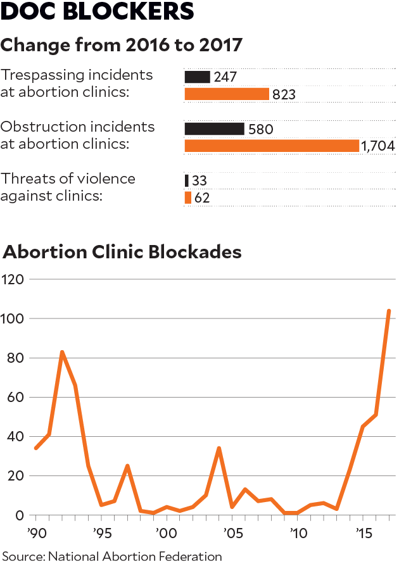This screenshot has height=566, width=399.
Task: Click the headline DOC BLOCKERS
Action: tap(97, 13)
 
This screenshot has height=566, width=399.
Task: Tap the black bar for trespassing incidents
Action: tap(197, 77)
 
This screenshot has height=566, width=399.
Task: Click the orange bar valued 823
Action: tap(227, 94)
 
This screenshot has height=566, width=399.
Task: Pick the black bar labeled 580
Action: tap(214, 129)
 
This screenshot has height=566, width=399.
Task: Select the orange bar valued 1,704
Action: tap(272, 146)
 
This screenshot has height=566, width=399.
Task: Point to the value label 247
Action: tap(225, 77)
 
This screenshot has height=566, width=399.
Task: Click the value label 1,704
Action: tap(378, 146)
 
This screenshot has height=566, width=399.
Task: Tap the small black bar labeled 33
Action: tap(186, 180)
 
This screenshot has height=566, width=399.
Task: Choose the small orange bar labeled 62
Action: tap(187, 198)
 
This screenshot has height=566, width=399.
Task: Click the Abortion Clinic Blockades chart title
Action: tap(122, 251)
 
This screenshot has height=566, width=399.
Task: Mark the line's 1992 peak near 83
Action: tap(62, 352)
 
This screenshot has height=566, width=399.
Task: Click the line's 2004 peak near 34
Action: tap(218, 448)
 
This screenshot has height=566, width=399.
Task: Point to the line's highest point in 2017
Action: tap(388, 311)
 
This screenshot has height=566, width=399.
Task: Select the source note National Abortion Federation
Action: tap(111, 557)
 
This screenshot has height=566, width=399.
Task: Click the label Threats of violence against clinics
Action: tap(68, 187)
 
